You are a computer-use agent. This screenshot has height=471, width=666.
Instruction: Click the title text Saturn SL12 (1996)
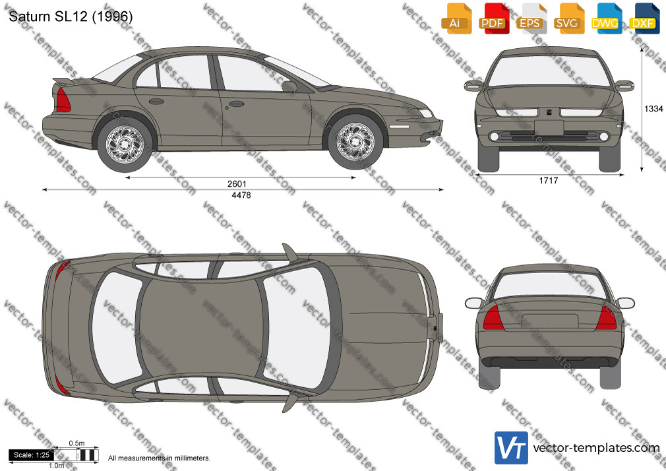click(x=71, y=16)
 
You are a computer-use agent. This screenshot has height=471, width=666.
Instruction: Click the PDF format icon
click(x=493, y=18)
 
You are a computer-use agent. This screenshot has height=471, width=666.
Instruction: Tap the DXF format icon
click(x=643, y=18)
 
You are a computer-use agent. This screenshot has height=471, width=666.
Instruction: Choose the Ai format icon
click(x=455, y=18)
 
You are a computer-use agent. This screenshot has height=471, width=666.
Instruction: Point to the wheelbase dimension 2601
click(x=237, y=183)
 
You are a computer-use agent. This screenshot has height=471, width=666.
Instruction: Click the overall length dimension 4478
click(x=241, y=195)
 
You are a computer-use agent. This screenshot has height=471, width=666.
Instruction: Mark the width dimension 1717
click(x=549, y=181)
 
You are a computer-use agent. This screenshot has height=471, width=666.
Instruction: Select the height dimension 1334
click(x=653, y=109)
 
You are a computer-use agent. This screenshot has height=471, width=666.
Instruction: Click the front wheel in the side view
click(x=355, y=142)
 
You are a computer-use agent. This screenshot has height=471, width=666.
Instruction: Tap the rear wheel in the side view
click(x=125, y=144)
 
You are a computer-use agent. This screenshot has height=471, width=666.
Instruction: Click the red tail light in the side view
click(x=63, y=100)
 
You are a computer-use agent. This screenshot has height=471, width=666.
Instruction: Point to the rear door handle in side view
click(x=156, y=102)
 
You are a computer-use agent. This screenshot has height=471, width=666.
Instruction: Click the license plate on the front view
click(x=549, y=127)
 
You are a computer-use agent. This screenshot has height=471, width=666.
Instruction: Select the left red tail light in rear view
click(x=493, y=318)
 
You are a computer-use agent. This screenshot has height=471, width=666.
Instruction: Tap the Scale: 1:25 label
click(x=32, y=455)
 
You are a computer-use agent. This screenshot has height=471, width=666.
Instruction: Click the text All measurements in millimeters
click(x=159, y=458)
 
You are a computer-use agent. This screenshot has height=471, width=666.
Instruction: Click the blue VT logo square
click(x=511, y=448)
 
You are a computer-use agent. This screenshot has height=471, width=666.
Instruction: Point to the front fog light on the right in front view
click(x=603, y=137)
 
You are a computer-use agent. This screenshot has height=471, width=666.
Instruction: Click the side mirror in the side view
click(x=289, y=86)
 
